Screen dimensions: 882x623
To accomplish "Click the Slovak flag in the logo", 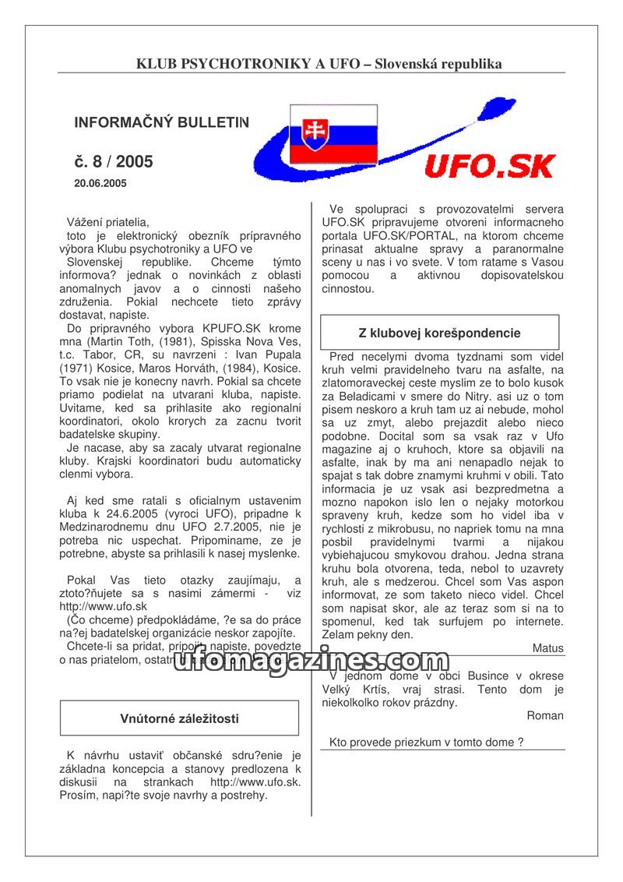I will tap(333, 133).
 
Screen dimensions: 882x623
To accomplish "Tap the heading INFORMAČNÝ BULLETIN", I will tap(162, 122).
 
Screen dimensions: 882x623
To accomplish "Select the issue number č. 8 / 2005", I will tap(114, 162).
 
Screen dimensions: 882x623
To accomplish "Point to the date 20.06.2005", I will tap(100, 184).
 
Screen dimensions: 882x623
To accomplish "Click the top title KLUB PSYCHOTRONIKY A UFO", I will tap(319, 64).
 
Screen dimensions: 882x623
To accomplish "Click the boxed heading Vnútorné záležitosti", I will tap(179, 718).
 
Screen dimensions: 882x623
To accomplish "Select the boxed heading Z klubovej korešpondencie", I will tap(439, 333).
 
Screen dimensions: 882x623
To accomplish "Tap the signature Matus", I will tap(547, 648).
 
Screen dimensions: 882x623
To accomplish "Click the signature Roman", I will tap(545, 715).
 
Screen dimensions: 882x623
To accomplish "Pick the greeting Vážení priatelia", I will tap(107, 222).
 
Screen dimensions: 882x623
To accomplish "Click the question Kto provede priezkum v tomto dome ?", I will tap(426, 743).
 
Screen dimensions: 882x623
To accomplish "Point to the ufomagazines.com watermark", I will tap(311, 662).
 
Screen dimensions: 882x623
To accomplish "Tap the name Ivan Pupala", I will tap(266, 355).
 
